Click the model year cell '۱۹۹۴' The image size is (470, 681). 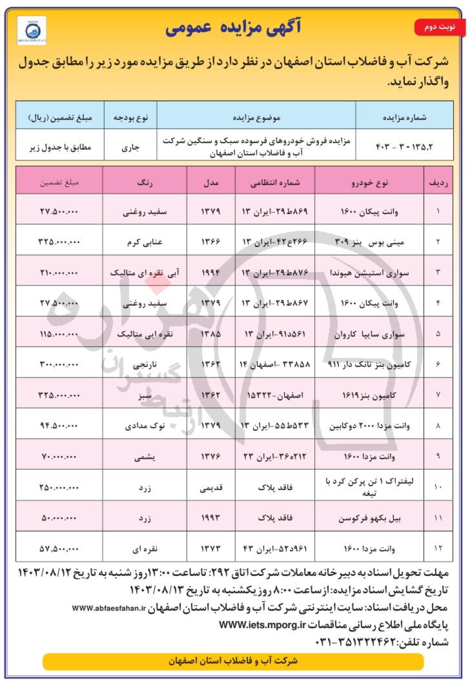[x=211, y=271]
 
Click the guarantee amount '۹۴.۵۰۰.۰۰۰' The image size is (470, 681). [x=59, y=425]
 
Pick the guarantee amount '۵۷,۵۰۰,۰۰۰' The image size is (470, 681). [x=59, y=548]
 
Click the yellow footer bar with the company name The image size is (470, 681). [x=232, y=661]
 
